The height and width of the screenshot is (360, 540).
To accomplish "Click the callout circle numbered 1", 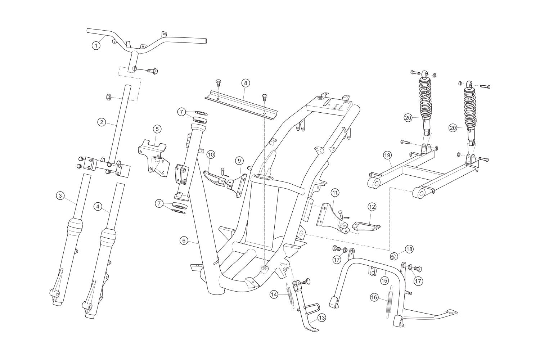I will coord(95,45).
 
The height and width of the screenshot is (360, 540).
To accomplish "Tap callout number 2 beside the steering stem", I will coord(102,122).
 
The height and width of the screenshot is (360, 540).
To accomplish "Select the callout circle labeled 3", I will coord(60,196).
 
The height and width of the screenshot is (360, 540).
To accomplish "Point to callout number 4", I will coord(97,207).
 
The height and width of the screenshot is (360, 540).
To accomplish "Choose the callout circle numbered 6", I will coord(184,240).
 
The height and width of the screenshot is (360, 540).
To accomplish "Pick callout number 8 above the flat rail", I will coord(245,83).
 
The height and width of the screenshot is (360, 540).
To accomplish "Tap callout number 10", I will coord(211,154).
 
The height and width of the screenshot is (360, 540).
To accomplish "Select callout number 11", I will coord(335,193).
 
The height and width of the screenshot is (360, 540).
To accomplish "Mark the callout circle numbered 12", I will coord(372,207).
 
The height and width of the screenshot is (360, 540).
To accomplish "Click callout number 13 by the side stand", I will coord(321,318).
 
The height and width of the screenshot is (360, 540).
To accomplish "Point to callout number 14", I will coord(274,294).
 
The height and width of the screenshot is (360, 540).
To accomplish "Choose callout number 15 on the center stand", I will coord(384,280).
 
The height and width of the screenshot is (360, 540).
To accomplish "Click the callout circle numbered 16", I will coord(374,297).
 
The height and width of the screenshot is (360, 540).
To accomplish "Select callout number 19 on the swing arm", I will coord(387,155).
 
